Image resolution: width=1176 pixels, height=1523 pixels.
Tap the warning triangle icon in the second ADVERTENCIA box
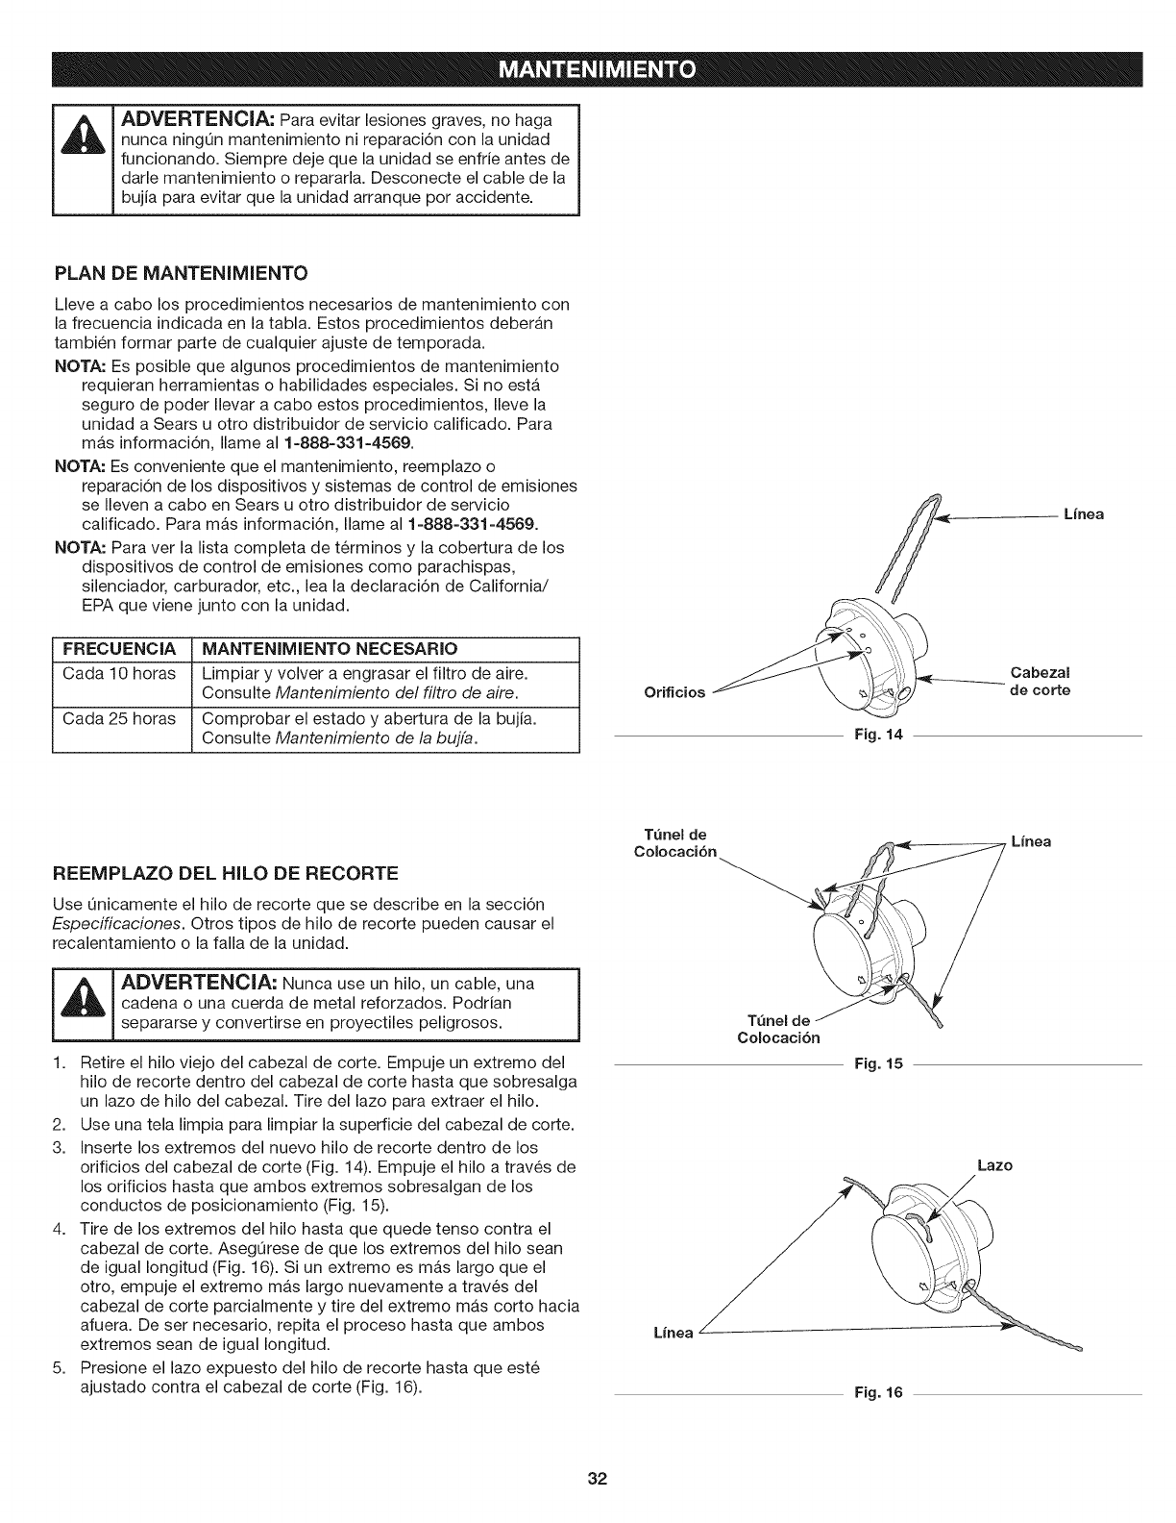(84, 1003)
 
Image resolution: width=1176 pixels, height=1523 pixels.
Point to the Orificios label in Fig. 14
(674, 691)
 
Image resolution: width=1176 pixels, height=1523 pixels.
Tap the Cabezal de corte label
(1040, 681)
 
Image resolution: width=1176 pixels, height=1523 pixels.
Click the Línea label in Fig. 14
(1083, 514)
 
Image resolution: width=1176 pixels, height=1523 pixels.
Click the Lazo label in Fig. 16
(994, 1164)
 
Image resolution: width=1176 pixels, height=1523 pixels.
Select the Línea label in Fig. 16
(673, 1333)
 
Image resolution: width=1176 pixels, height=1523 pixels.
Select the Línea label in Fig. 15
(1031, 841)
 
